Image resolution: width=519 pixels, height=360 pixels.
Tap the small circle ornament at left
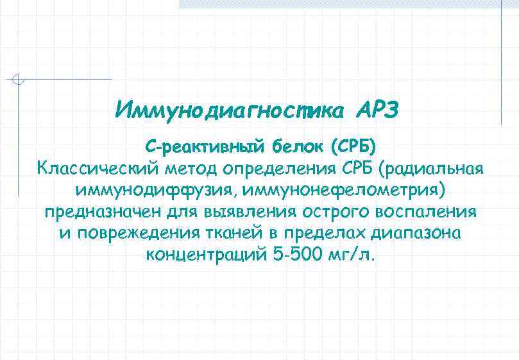19,80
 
